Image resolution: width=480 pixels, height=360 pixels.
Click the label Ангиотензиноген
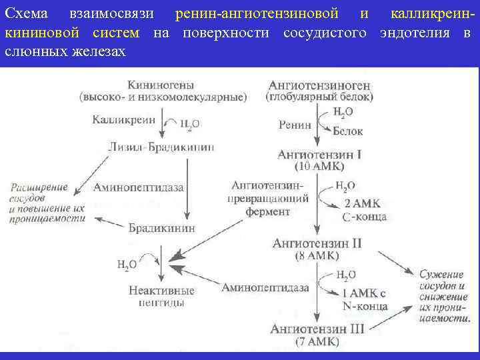pyautogui.click(x=319, y=85)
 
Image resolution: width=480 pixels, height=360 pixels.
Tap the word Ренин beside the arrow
pyautogui.click(x=297, y=124)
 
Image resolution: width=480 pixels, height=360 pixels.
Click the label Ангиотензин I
pyautogui.click(x=319, y=155)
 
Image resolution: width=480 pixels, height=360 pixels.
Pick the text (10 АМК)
pyautogui.click(x=319, y=166)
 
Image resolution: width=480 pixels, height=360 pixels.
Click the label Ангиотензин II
pyautogui.click(x=318, y=243)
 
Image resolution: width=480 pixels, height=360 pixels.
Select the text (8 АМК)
pyautogui.click(x=318, y=255)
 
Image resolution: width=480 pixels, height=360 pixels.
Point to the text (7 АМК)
pyautogui.click(x=317, y=341)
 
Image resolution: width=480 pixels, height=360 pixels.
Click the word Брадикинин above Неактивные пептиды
pyautogui.click(x=162, y=227)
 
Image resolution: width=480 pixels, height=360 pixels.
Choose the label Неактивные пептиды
pyautogui.click(x=162, y=295)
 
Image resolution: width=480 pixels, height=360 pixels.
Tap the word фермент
pyautogui.click(x=267, y=211)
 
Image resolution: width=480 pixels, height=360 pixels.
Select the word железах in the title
pyautogui.click(x=100, y=51)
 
